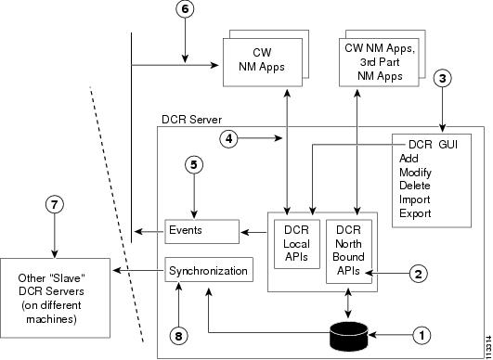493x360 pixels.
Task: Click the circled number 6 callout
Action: pyautogui.click(x=186, y=9)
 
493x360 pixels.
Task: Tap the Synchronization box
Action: pyautogui.click(x=209, y=271)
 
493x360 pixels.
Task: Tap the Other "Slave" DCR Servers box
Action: pyautogui.click(x=55, y=292)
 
